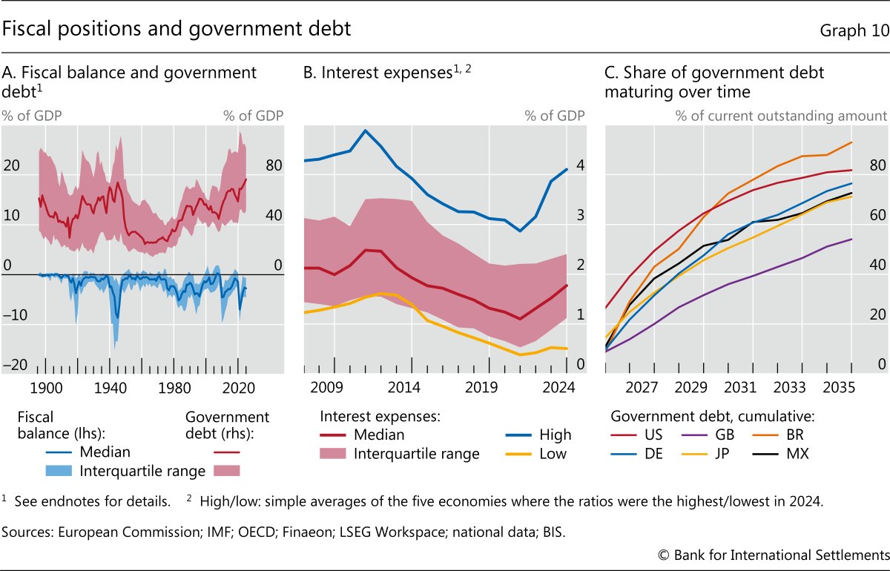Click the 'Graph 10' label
[x=853, y=30]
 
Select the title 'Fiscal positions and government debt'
[x=177, y=30]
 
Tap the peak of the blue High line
[x=365, y=131]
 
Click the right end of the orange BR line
[x=851, y=142]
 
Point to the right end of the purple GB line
[x=851, y=239]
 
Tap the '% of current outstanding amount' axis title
[x=781, y=116]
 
